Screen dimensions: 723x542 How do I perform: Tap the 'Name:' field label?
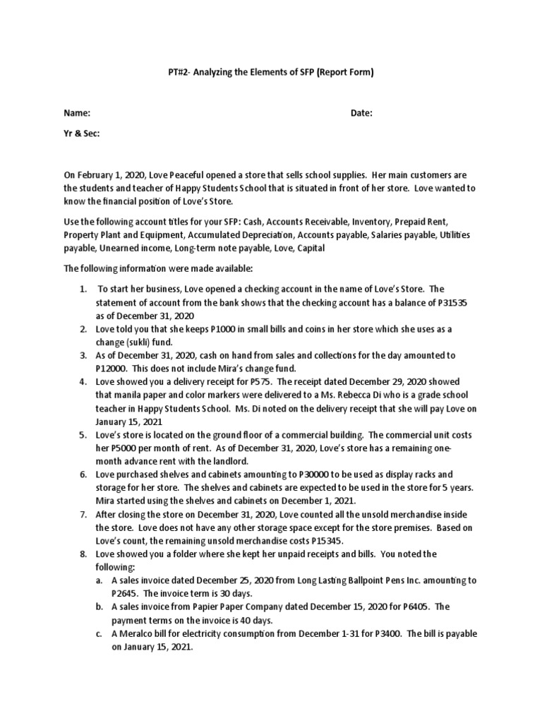pyautogui.click(x=78, y=113)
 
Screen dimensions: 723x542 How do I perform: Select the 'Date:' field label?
pyautogui.click(x=361, y=113)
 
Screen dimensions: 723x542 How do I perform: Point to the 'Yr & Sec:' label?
pyautogui.click(x=82, y=133)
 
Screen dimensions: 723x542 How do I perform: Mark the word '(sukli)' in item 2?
pyautogui.click(x=146, y=342)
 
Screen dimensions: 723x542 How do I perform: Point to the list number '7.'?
pyautogui.click(x=83, y=515)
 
